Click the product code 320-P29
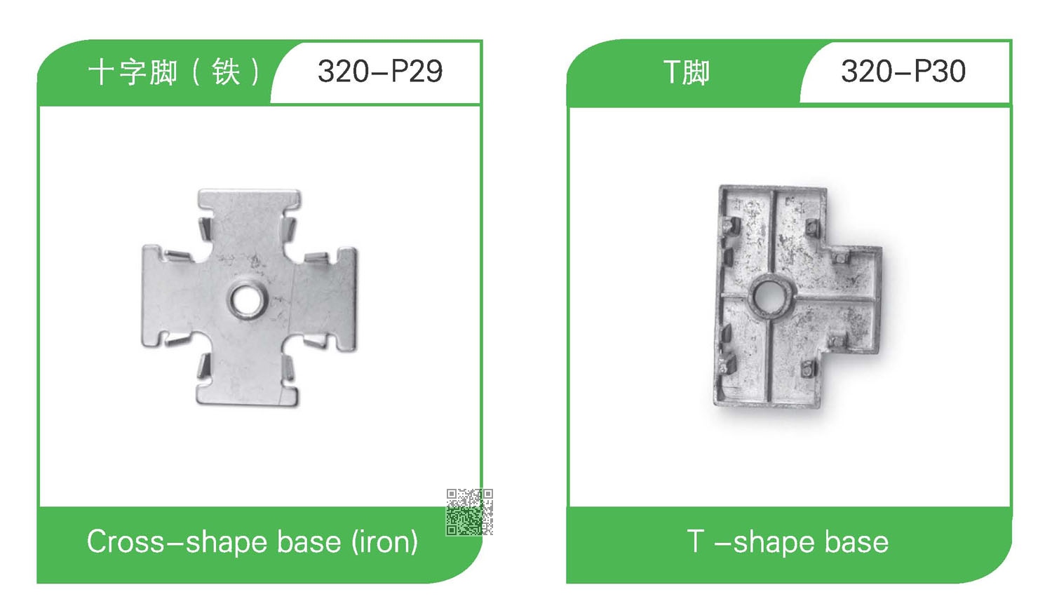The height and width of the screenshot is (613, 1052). point(380,72)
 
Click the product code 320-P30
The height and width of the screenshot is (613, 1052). point(903,72)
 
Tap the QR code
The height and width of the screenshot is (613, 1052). point(469,511)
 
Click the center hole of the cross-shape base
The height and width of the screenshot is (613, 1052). point(247,298)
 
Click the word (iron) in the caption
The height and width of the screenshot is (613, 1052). point(384,543)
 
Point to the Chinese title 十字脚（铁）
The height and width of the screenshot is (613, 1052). point(173,72)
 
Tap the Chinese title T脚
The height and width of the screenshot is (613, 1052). point(686,72)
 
